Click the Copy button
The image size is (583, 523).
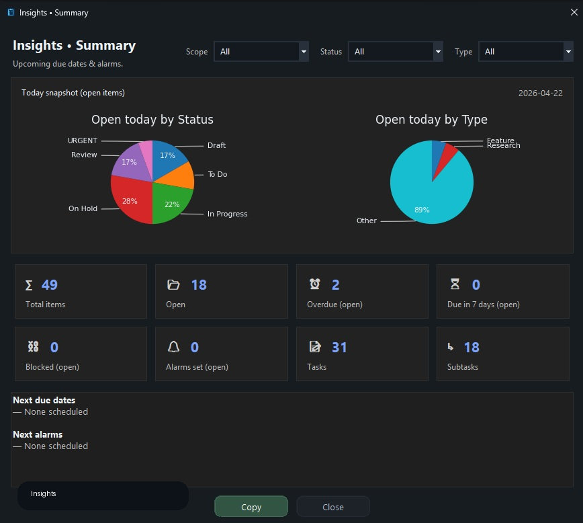[251, 507]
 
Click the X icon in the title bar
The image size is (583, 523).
[574, 12]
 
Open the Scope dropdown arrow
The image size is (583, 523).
[304, 51]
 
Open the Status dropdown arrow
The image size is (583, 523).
[438, 51]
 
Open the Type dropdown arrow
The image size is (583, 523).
[568, 51]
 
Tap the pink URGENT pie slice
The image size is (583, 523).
[147, 157]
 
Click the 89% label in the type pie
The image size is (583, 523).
[422, 210]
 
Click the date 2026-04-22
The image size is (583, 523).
[540, 93]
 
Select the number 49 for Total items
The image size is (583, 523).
[50, 285]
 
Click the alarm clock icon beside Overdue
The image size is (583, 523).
[314, 284]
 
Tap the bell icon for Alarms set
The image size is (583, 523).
[173, 347]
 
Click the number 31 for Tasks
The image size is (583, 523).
[339, 348]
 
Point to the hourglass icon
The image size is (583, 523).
[455, 284]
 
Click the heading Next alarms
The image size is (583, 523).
[38, 434]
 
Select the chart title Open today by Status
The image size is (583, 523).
[152, 120]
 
